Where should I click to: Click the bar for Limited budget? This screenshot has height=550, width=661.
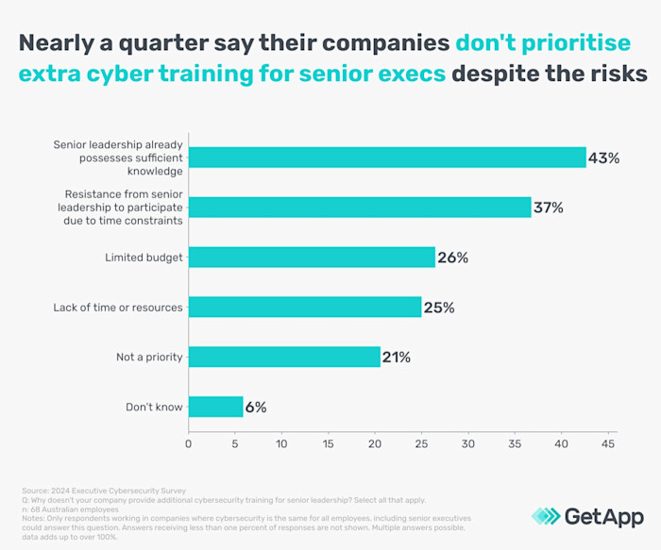click(312, 258)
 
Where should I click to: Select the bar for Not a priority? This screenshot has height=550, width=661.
click(284, 357)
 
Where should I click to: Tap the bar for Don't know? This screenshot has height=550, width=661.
click(216, 407)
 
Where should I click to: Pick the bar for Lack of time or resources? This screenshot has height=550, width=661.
click(305, 307)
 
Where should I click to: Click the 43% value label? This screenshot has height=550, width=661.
click(603, 158)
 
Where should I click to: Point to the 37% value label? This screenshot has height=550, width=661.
click(548, 208)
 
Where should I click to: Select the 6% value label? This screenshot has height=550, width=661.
click(256, 407)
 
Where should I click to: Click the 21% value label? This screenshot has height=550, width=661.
click(397, 357)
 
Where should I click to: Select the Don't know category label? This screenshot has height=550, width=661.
click(154, 407)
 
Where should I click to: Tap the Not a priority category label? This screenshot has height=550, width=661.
click(149, 357)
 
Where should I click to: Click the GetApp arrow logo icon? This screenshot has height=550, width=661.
click(546, 515)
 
